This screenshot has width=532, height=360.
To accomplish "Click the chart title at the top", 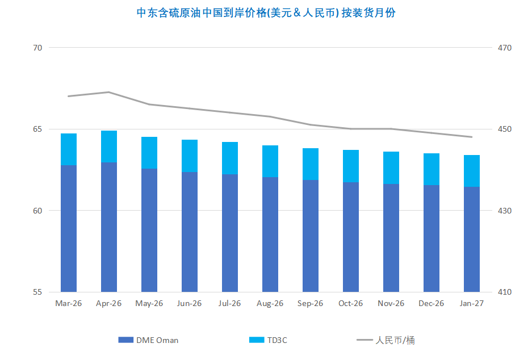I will (266, 13).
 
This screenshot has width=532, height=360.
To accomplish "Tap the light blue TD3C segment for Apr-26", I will (109, 146).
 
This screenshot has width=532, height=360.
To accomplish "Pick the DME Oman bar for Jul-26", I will (230, 233).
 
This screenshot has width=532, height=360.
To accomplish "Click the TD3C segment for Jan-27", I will (472, 171).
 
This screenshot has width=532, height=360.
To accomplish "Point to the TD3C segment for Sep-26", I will (311, 164).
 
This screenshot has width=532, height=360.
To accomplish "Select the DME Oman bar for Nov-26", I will (391, 238).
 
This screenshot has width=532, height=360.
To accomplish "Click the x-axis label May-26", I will (149, 304).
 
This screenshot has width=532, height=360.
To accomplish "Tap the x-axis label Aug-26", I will (270, 304).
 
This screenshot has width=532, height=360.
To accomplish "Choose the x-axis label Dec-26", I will (432, 304).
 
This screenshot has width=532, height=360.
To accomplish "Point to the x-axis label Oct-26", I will (351, 304).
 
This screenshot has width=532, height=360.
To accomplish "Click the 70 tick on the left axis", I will (38, 48).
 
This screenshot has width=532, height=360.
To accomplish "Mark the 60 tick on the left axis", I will (38, 211).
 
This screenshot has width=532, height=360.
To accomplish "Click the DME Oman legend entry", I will (149, 340).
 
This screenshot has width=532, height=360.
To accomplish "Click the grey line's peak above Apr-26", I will (109, 92).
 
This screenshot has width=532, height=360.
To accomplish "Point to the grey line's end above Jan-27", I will (472, 137).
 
